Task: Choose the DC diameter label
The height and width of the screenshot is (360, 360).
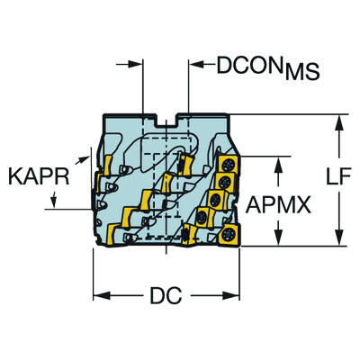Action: point(165,294)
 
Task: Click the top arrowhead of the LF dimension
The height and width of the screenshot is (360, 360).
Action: point(339,121)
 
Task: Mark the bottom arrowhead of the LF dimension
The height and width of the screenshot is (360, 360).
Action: point(339,238)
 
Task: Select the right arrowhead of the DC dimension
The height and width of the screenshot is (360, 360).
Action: point(231,294)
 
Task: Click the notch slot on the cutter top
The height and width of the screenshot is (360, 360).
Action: point(165,119)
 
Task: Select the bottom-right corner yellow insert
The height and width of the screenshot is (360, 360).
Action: point(229,235)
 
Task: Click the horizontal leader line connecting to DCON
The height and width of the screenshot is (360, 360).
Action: point(203,64)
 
